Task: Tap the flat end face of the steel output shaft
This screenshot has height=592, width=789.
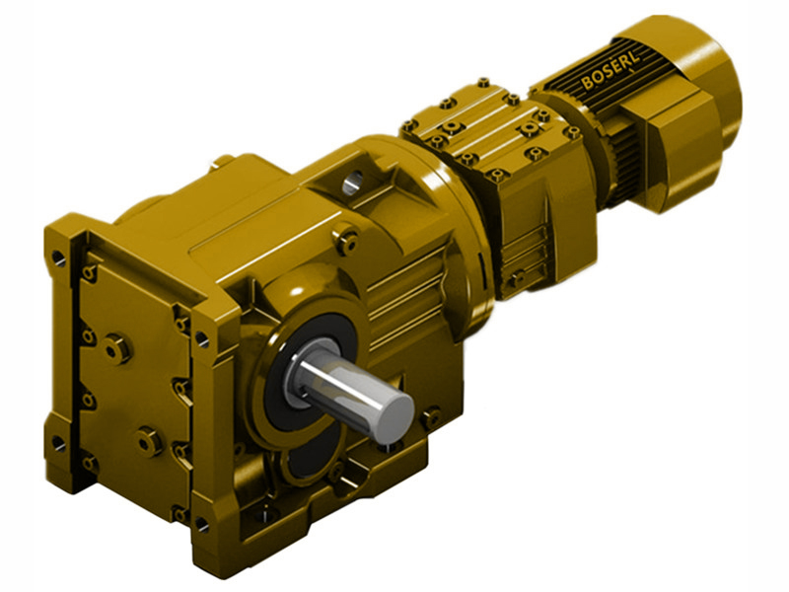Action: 396,409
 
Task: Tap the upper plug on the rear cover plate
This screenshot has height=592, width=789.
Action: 116,347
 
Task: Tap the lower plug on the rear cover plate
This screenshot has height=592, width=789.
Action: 150,441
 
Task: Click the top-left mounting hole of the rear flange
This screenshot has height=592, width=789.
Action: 59,259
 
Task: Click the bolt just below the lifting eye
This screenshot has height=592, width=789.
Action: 346,237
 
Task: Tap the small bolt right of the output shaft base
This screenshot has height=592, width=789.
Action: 430,416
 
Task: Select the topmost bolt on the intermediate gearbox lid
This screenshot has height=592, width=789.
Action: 483,84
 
